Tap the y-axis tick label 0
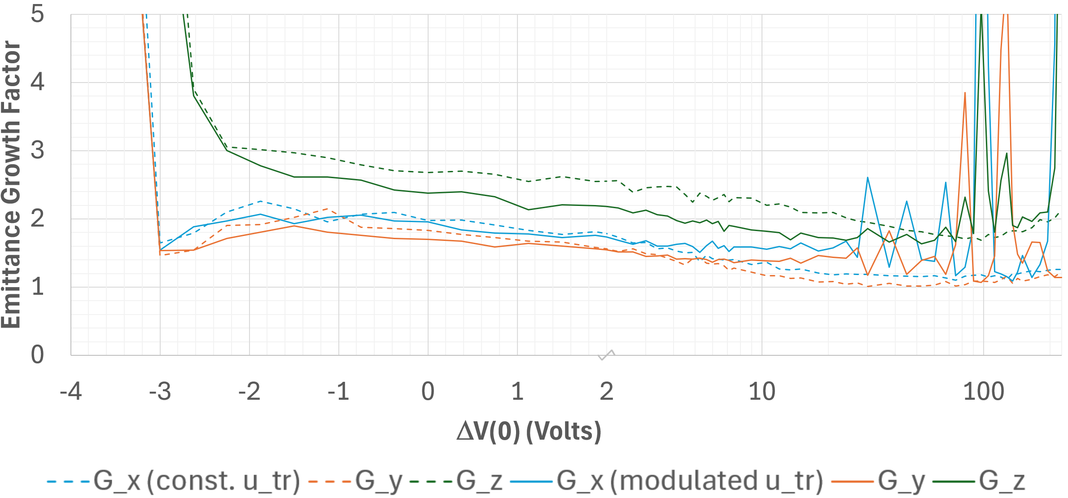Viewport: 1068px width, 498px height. (x=38, y=354)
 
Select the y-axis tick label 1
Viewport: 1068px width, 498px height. (x=38, y=286)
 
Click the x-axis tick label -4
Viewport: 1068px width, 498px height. (x=71, y=391)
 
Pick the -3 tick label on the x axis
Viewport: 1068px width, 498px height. (x=160, y=391)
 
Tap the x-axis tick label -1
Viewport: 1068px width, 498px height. (x=338, y=391)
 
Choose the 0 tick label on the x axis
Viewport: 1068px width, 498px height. (x=428, y=391)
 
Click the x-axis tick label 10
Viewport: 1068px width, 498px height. (x=762, y=391)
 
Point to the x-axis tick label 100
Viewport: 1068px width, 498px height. (x=983, y=391)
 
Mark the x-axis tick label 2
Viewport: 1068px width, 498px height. (x=606, y=391)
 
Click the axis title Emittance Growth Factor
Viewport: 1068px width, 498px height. (x=11, y=184)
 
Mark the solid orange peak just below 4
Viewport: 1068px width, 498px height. (x=965, y=93)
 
